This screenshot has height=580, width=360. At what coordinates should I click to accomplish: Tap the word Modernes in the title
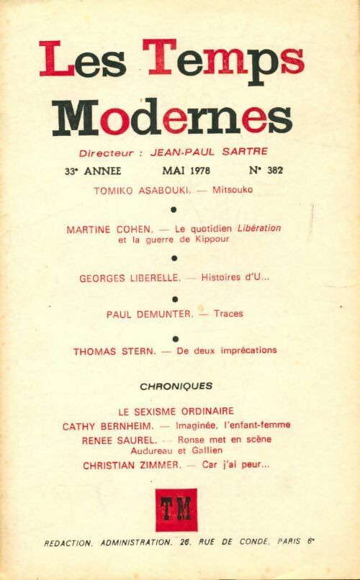click(x=173, y=118)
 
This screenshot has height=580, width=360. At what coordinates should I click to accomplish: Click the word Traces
click(x=228, y=314)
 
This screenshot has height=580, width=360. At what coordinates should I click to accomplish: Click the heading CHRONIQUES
click(x=176, y=386)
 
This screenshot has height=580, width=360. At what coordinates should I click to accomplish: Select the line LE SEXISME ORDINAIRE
click(x=176, y=412)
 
